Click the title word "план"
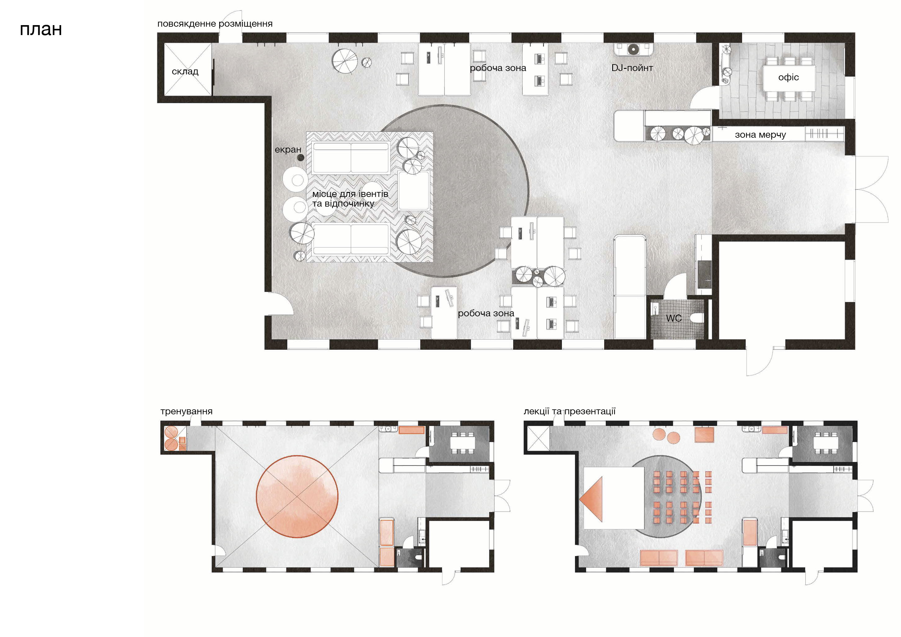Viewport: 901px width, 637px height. point(41,29)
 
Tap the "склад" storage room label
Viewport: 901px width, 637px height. point(185,72)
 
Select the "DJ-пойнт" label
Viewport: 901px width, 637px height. point(632,68)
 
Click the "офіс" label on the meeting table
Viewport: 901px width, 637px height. point(788,77)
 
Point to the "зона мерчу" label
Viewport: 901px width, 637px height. point(760,135)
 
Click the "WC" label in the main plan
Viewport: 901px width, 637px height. point(674,318)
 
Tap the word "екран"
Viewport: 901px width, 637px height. point(288,149)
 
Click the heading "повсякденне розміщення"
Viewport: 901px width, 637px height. point(215,24)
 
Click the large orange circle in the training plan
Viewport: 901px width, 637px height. point(297,496)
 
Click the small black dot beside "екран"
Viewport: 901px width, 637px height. point(301,158)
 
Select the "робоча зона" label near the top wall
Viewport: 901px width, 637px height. point(498,68)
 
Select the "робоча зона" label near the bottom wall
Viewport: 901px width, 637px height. point(486,314)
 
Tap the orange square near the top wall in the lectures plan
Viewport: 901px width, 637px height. point(704,434)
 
